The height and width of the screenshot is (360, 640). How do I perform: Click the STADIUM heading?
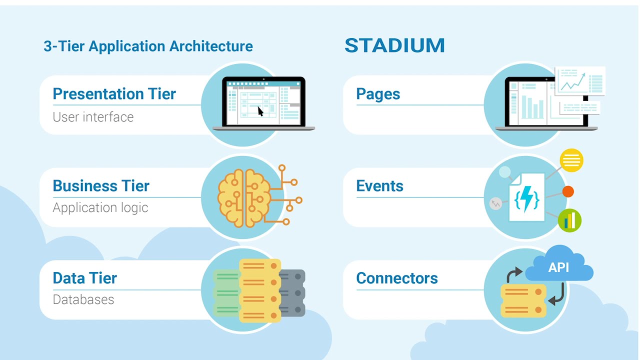(394, 45)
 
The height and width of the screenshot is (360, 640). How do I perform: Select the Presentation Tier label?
(114, 94)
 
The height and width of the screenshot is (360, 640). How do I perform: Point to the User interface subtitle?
(93, 117)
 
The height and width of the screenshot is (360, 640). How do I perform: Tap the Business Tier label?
(101, 186)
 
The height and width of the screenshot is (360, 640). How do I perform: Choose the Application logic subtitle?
(100, 207)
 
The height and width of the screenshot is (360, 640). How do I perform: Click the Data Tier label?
(84, 278)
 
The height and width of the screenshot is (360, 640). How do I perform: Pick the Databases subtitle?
(83, 299)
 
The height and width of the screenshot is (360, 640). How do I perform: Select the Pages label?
(378, 94)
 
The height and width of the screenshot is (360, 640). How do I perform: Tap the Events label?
(379, 186)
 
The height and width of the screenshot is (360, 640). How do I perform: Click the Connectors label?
(396, 278)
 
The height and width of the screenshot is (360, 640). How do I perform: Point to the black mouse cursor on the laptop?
(260, 111)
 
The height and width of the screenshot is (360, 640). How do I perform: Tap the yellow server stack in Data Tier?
(259, 290)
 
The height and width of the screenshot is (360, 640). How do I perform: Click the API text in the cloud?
(558, 267)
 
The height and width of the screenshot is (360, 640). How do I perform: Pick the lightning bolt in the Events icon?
(527, 198)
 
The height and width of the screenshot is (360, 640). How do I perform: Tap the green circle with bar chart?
(569, 220)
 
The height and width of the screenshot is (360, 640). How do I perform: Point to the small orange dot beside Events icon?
(568, 191)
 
